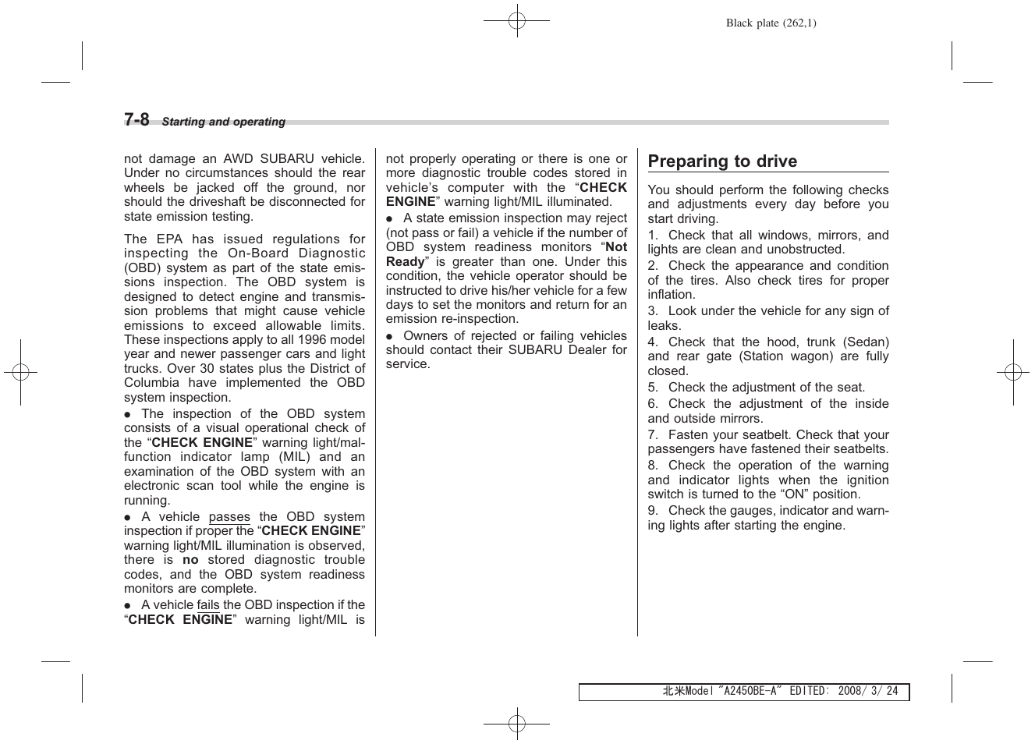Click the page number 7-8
(x=136, y=119)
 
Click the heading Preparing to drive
(x=722, y=161)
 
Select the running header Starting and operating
(x=223, y=122)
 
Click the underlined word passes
(x=229, y=517)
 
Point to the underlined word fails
(x=208, y=605)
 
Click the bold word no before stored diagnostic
(x=190, y=560)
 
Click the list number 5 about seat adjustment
(x=652, y=388)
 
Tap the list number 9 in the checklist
(x=652, y=511)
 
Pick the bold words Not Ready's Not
(x=616, y=247)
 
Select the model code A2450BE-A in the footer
(x=750, y=692)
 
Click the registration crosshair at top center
(x=516, y=22)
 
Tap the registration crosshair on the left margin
(x=21, y=373)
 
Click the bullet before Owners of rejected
(x=389, y=336)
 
